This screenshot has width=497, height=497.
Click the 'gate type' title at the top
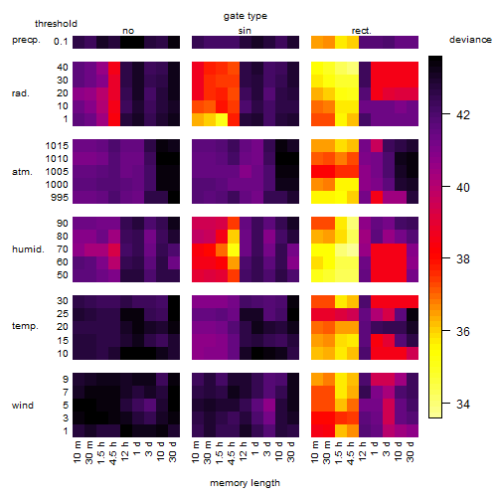[x=246, y=16]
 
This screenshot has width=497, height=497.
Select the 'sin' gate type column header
[x=245, y=31]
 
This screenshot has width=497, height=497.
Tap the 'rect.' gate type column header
[x=361, y=31]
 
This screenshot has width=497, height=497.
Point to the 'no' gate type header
[x=128, y=31]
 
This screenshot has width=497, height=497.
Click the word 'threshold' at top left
[x=56, y=24]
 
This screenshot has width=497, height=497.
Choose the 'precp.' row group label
[x=26, y=40]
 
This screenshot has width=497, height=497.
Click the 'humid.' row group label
[x=28, y=248]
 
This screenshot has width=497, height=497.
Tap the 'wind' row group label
[x=23, y=406]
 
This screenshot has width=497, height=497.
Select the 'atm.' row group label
[x=22, y=172]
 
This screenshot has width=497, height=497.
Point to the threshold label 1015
[x=57, y=145]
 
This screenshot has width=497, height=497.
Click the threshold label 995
[x=60, y=197]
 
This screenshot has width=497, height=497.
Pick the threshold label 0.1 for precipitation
[x=61, y=42]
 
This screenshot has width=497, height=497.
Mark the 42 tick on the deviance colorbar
[x=463, y=114]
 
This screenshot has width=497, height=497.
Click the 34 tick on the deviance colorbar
[x=463, y=405]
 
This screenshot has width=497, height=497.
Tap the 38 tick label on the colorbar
[x=463, y=259]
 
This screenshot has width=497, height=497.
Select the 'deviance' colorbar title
[x=470, y=40]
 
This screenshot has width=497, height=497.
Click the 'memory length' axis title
[x=245, y=483]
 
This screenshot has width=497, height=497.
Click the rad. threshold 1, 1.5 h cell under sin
[x=222, y=119]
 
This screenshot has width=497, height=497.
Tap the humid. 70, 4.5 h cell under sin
[x=234, y=249]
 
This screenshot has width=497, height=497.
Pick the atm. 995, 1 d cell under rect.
[x=377, y=197]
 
